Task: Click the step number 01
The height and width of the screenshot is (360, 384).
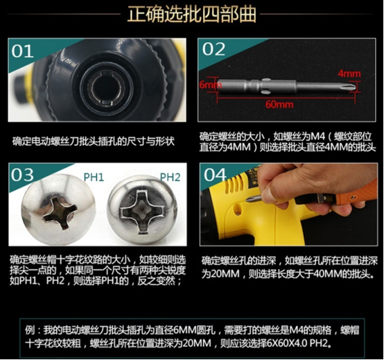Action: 22,51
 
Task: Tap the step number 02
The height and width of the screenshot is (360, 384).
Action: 213,49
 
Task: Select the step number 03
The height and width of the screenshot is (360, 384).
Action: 22,175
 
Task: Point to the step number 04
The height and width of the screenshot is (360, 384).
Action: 215,175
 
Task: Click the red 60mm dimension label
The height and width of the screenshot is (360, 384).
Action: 279,105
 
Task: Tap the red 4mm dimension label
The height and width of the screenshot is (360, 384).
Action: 349,74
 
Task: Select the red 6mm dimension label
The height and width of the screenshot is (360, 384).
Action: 210,85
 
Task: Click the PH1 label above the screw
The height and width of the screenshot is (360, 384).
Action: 94,177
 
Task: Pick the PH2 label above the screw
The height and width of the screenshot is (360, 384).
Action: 170,177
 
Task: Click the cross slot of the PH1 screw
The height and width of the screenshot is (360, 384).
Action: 60,212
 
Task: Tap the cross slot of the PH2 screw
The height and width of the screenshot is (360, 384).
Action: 142,212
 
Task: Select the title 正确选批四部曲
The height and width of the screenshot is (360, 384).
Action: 192,14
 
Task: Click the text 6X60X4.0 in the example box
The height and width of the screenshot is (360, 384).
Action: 287,343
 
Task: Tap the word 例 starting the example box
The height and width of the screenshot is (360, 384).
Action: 30,330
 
